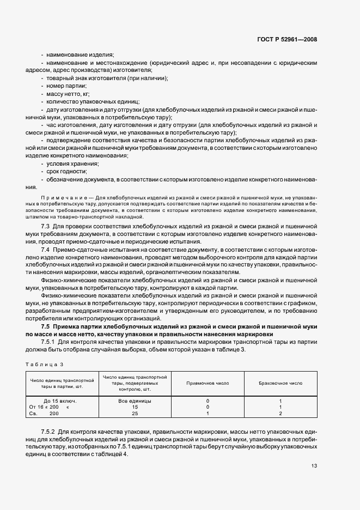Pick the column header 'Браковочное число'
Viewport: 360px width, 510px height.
coord(280,383)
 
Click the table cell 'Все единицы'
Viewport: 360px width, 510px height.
coord(135,400)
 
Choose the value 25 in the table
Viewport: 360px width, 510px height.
coord(135,414)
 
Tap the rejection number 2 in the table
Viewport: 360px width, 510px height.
coord(280,414)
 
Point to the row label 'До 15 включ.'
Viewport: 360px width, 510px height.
coord(60,400)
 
